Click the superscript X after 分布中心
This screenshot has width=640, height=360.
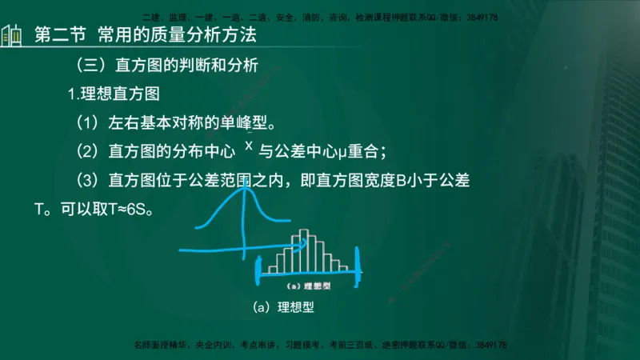click(x=249, y=146)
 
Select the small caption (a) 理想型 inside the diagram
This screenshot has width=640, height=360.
click(x=308, y=283)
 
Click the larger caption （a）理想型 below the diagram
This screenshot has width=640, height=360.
click(x=289, y=306)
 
